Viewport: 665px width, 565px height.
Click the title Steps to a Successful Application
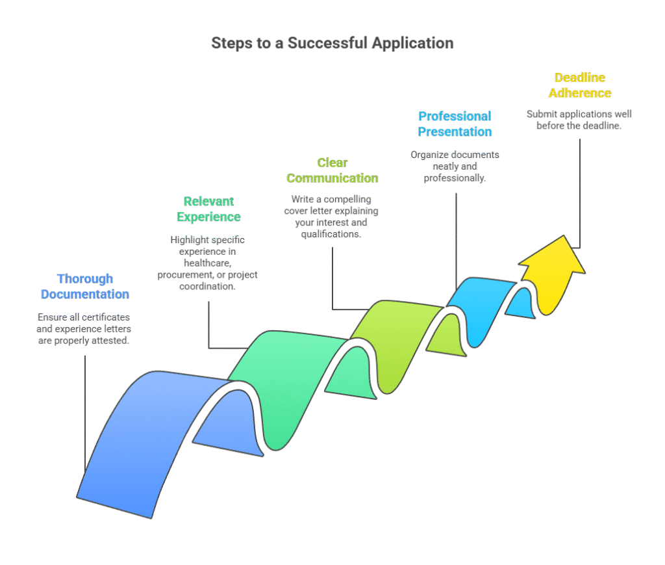[332, 44]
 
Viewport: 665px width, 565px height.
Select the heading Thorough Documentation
[85, 287]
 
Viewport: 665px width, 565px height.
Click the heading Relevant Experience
[208, 209]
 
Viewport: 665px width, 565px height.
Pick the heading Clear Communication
[332, 170]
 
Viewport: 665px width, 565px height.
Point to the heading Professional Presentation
[455, 124]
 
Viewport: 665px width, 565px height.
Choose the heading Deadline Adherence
[580, 85]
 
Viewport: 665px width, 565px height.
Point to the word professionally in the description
[455, 178]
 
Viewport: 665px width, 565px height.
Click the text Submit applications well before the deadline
[579, 120]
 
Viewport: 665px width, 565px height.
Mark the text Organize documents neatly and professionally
[455, 166]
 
